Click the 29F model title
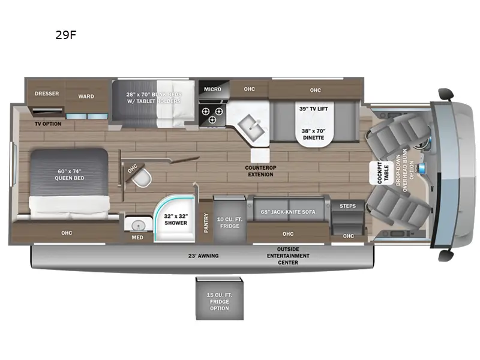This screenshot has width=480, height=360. [x=66, y=35]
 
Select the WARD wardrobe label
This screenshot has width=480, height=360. [x=86, y=95]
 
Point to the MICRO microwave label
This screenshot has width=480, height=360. [x=212, y=89]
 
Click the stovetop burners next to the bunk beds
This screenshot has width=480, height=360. [x=212, y=115]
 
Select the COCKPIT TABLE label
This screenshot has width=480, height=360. [x=379, y=173]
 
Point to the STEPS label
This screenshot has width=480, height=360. [x=347, y=206]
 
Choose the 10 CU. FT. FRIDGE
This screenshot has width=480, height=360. [x=229, y=221]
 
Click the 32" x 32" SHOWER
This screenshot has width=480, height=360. [x=176, y=219]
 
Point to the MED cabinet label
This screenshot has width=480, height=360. [x=137, y=237]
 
